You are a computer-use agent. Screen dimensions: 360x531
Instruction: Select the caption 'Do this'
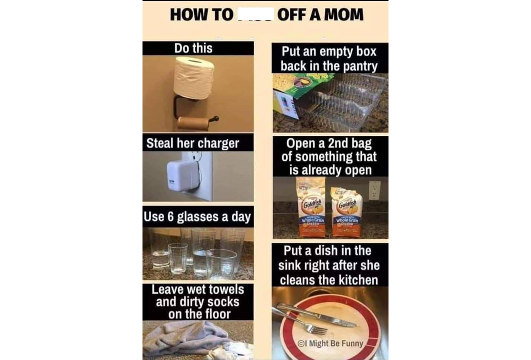[x=193, y=48]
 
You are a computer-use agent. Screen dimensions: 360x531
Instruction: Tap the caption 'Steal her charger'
[x=193, y=143]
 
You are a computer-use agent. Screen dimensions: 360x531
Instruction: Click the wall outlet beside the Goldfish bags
[x=374, y=190]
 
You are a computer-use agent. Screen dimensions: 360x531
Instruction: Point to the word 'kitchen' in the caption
[x=358, y=280]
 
